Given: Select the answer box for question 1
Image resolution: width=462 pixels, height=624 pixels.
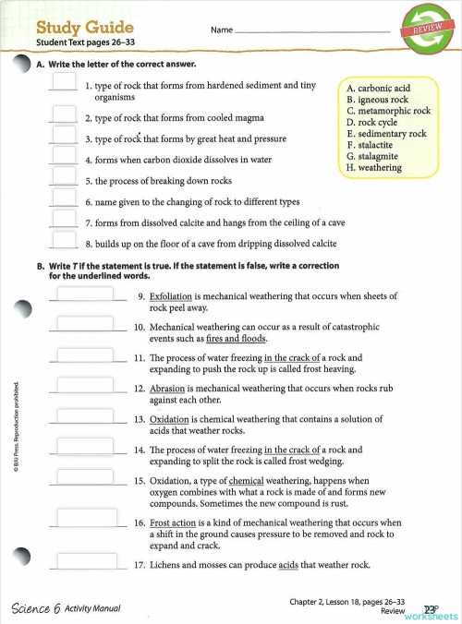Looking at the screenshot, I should coord(63,82).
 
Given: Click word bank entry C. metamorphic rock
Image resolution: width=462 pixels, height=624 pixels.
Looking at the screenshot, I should coord(388,111).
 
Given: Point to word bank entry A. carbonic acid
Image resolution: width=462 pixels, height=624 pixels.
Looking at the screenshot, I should coord(378,88).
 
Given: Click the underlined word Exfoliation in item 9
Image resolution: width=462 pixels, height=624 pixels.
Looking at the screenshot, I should coord(171,296).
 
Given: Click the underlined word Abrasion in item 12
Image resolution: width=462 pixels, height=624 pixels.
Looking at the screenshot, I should coord(167,389).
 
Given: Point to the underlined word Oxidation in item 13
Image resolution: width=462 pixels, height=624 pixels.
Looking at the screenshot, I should coord(170,419).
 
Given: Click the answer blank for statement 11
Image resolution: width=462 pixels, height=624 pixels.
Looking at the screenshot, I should coord(85,356).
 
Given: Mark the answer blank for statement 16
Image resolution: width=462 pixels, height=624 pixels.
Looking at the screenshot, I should coord(85,522).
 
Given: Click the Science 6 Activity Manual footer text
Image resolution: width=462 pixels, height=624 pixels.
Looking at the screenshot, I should coord(66,607).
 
